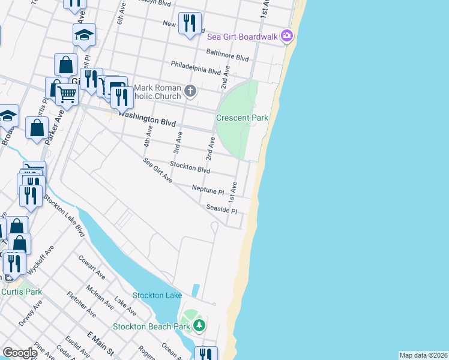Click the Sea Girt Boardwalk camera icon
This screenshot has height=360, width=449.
coord(287,37)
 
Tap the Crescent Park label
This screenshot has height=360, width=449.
coord(242,118)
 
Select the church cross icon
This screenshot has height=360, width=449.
coord(190,92)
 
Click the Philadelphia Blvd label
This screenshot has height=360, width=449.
coord(196,67)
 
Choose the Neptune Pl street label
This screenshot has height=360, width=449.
coord(208,190)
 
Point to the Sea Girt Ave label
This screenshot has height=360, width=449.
coord(158,170)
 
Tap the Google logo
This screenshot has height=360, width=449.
coord(20,353)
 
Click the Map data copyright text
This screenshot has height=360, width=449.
coord(423,355)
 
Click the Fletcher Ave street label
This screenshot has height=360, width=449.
coord(82,304)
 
